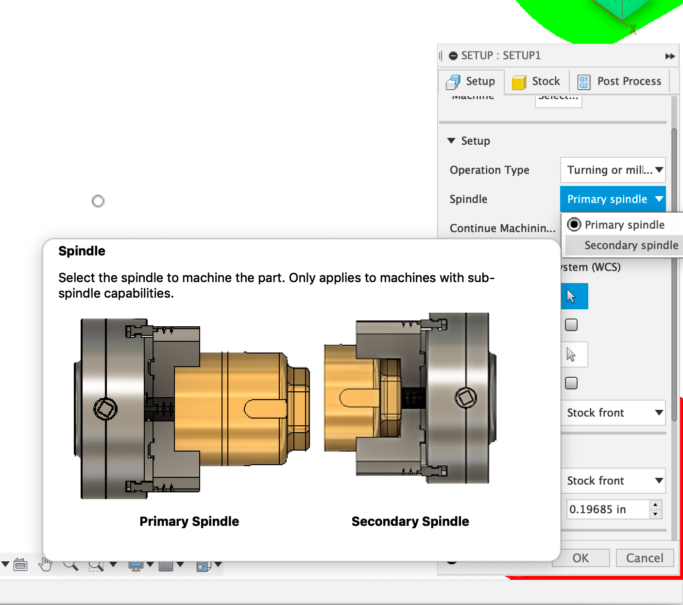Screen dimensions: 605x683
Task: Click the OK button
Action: tap(581, 558)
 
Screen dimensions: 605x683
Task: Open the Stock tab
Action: tap(536, 82)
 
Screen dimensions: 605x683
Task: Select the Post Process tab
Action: tap(619, 82)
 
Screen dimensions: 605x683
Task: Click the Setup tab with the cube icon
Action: tap(471, 82)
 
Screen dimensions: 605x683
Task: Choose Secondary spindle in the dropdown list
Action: tap(631, 245)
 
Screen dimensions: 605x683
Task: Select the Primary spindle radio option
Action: tap(574, 224)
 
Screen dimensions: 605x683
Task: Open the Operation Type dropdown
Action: tap(613, 170)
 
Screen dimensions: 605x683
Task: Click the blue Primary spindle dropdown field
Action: tap(613, 199)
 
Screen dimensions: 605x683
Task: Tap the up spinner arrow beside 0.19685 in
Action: tap(655, 505)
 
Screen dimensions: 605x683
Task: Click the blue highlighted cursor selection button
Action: tap(574, 296)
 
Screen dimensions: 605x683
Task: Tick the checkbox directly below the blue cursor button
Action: tap(571, 325)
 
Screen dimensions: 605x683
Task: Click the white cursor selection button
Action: tap(574, 354)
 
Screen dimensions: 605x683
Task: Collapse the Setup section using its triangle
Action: tap(451, 141)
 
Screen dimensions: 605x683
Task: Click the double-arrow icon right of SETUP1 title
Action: tap(670, 56)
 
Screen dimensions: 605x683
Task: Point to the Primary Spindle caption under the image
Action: tap(189, 521)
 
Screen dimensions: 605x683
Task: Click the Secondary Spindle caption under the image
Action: tap(410, 521)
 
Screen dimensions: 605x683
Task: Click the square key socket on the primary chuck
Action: tap(105, 408)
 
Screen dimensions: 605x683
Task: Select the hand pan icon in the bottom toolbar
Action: tap(46, 564)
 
